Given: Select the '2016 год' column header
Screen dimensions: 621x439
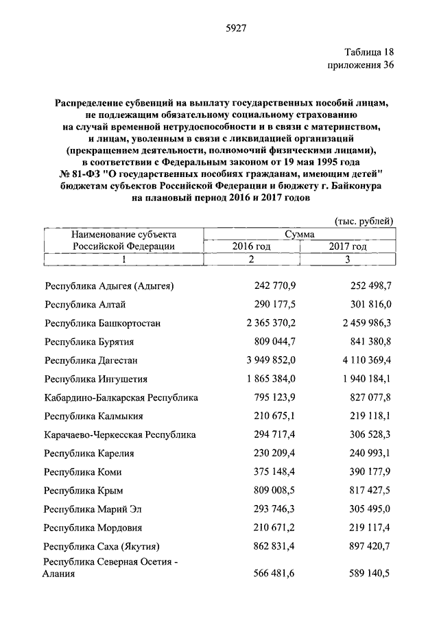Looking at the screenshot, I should (251, 246).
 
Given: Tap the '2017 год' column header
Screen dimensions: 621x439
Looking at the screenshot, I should (348, 246).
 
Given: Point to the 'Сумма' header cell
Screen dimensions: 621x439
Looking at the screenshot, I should (299, 234).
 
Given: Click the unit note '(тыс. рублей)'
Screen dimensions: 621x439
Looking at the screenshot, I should (364, 221).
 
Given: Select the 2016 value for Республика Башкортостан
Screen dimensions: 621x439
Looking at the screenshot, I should (269, 323).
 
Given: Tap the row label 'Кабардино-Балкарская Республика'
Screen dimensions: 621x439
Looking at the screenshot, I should (121, 397).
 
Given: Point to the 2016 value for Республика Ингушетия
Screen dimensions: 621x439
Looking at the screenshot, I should (269, 378).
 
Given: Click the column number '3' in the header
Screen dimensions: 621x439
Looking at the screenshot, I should (348, 259).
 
